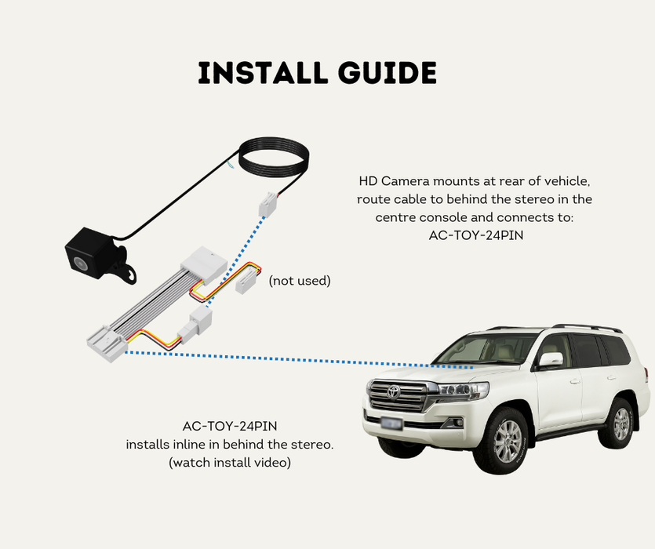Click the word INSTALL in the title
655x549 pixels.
[x=257, y=73]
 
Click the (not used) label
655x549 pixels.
[x=300, y=281]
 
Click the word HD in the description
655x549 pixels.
[x=368, y=181]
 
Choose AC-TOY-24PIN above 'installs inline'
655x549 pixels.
[x=229, y=427]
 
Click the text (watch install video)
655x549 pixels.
[x=230, y=463]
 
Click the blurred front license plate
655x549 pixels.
[x=391, y=424]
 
